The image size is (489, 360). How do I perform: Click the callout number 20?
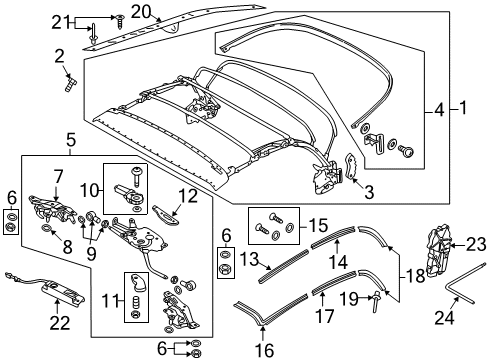(141, 12)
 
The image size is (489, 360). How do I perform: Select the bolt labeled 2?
(71, 83)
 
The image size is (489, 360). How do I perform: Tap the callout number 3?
(369, 192)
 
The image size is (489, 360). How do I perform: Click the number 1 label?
(463, 108)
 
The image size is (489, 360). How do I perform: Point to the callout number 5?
(71, 141)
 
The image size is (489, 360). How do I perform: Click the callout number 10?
(58, 177)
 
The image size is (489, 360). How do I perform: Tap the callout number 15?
(318, 225)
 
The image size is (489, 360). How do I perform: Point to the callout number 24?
(444, 317)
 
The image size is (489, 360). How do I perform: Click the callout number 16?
(264, 350)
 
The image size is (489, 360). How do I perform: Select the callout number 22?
(60, 323)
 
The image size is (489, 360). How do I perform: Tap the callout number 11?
(112, 302)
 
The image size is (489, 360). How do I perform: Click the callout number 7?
(58, 177)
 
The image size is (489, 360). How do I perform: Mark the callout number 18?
(415, 276)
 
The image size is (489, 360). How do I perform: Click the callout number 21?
(60, 23)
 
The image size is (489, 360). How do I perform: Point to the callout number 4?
(439, 110)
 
